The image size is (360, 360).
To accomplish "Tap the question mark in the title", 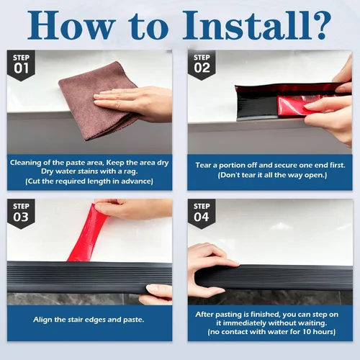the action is (322, 24).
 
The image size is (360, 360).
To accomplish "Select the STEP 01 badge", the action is (21, 65).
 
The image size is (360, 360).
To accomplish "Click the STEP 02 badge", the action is (202, 65).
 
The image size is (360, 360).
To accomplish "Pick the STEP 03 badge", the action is (21, 214).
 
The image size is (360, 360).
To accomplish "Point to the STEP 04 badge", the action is (202, 214).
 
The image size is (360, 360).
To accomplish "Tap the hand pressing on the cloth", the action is (135, 103).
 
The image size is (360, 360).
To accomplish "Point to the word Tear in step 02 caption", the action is (203, 165).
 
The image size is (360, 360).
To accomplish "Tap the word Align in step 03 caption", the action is (42, 320).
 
